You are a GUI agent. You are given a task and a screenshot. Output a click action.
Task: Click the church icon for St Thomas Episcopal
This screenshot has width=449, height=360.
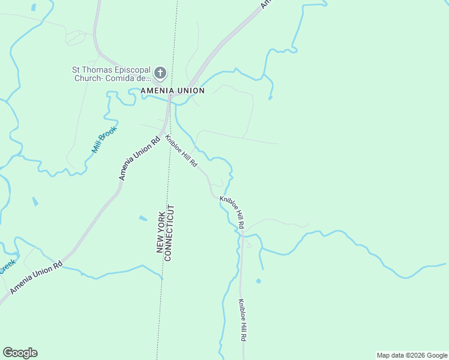coord(160,73)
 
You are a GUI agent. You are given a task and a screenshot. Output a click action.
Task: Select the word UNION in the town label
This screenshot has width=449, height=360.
coord(190,91)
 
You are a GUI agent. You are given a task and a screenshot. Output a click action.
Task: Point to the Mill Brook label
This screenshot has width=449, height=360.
coord(104,139)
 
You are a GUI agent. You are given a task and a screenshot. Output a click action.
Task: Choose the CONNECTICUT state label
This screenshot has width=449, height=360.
coord(170,233)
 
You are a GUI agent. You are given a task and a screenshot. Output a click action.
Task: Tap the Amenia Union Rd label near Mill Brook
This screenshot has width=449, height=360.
coord(139,158)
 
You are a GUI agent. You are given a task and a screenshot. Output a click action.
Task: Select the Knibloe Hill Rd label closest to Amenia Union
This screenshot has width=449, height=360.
coord(181,150)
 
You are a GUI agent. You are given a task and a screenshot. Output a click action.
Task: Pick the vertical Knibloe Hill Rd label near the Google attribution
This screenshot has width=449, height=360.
coord(242,321)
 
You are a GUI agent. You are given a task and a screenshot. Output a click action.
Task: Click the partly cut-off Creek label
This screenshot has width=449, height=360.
coord(7,266)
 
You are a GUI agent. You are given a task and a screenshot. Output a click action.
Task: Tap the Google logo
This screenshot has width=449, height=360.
coord(20,353)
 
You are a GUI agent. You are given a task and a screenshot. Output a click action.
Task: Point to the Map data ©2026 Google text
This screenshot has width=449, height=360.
coord(411,355)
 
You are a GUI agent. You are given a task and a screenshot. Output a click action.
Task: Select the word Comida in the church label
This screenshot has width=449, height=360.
coord(125,78)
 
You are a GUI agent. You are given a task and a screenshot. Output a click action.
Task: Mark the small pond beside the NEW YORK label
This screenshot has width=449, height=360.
coord(143,218)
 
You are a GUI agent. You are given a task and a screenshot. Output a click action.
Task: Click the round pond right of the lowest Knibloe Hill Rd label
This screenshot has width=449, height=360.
coord(258,281)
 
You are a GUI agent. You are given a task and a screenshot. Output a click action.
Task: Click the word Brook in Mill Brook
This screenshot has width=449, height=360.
coord(110,134)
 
